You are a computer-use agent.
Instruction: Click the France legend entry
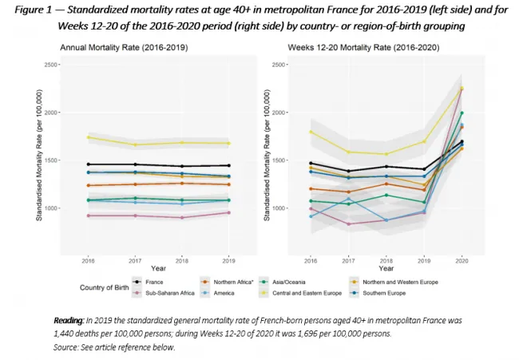(x=156, y=282)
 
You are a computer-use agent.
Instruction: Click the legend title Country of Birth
(x=108, y=287)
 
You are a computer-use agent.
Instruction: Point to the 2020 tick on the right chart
(x=461, y=259)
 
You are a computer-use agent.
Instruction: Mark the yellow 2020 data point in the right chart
(x=461, y=89)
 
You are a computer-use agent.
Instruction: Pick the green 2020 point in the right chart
(x=461, y=113)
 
